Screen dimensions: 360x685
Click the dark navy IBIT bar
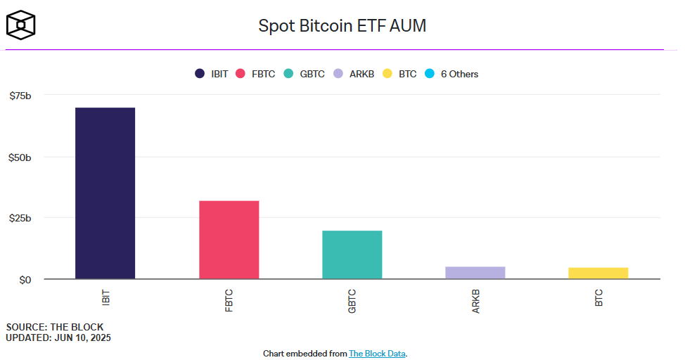coord(105,193)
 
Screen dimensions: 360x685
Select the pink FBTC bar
coord(229,240)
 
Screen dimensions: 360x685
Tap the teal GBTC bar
coord(352,255)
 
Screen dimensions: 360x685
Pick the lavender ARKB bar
coord(475,273)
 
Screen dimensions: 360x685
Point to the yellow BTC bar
coord(598,273)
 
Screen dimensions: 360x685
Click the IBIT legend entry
coord(212,74)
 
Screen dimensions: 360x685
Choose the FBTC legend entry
coord(257,74)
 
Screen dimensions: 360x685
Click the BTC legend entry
coord(400,74)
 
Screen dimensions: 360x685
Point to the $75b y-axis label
coord(20,96)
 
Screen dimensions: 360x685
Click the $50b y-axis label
coord(20,157)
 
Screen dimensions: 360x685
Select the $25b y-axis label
coord(20,218)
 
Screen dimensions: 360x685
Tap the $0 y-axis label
coord(25,280)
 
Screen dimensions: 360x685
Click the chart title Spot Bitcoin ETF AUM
coord(342,26)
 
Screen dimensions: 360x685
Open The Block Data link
coord(377,353)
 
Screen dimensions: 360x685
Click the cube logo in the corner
coord(21,25)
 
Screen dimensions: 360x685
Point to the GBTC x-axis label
coord(352,300)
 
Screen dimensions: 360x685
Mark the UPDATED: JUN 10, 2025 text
coord(58,337)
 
